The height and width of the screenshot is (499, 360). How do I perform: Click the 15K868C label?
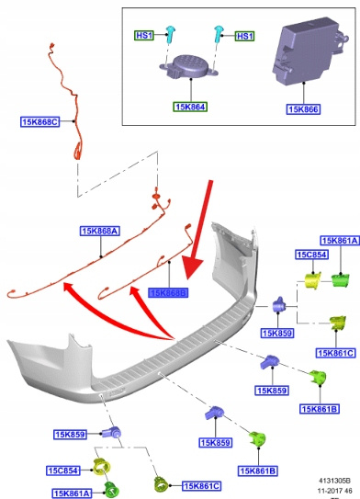pyautogui.click(x=40, y=121)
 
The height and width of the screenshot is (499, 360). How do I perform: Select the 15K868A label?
pyautogui.click(x=100, y=231)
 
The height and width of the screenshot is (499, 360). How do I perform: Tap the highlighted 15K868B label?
pyautogui.click(x=168, y=292)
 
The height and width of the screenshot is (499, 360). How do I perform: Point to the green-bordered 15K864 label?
pyautogui.click(x=190, y=107)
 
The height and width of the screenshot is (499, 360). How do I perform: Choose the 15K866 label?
pyautogui.click(x=303, y=109)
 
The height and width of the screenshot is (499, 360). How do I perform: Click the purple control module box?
pyautogui.click(x=307, y=51)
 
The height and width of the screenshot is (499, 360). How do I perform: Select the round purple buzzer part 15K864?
pyautogui.click(x=189, y=66)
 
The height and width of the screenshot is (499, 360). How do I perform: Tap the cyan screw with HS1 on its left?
pyautogui.click(x=171, y=34)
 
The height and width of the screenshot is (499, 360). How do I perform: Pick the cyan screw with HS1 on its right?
pyautogui.click(x=219, y=34)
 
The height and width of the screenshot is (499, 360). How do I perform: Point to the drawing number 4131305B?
pyautogui.click(x=335, y=481)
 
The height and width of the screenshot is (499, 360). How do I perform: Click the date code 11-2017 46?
pyautogui.click(x=335, y=491)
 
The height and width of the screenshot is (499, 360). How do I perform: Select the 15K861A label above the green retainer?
pyautogui.click(x=340, y=241)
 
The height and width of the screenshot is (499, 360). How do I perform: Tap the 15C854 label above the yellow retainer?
pyautogui.click(x=311, y=255)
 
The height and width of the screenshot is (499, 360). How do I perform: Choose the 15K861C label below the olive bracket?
pyautogui.click(x=335, y=353)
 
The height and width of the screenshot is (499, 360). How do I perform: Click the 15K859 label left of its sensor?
pyautogui.click(x=70, y=435)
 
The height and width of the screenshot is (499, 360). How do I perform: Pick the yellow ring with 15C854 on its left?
pyautogui.click(x=101, y=468)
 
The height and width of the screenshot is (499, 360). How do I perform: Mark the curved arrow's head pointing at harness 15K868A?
pyautogui.click(x=68, y=287)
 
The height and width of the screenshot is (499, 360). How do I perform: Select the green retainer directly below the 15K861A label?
pyautogui.click(x=340, y=280)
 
